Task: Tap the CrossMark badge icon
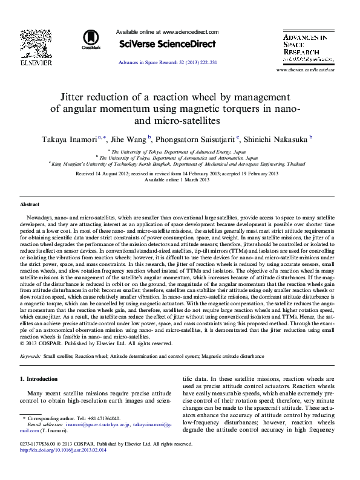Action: [x=92, y=40]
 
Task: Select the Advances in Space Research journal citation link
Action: [x=167, y=62]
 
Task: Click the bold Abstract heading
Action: [x=30, y=205]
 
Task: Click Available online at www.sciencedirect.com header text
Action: [x=166, y=32]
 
